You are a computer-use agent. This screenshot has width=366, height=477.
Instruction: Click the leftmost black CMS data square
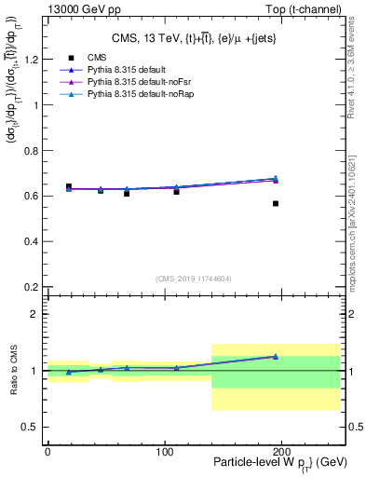pyautogui.click(x=69, y=186)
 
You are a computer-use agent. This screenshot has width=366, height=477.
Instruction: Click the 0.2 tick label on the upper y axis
pyautogui.click(x=30, y=287)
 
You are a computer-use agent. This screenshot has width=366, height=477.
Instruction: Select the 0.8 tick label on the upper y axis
pyautogui.click(x=30, y=151)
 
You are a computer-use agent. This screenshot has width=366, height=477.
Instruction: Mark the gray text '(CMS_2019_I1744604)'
pyautogui.click(x=193, y=278)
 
